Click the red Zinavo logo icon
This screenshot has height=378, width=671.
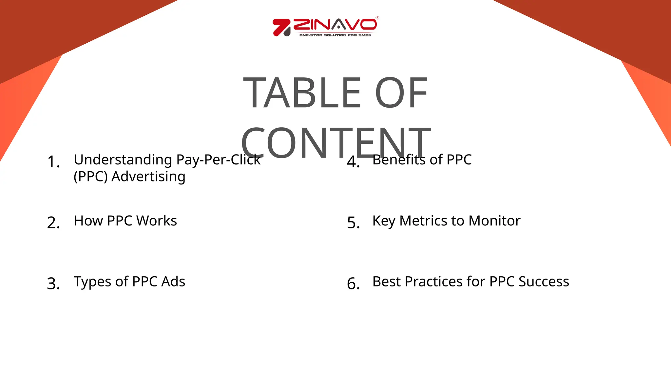281,27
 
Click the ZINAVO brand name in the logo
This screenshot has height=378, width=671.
335,25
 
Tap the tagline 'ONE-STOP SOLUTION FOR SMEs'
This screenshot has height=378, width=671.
335,35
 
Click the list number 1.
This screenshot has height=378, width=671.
53,162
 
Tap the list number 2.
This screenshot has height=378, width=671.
53,223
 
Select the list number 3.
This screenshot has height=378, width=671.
53,283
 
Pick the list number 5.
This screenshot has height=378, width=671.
353,223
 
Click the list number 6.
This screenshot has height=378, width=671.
353,283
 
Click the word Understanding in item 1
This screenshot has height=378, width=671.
123,160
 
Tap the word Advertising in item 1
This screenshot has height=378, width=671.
148,177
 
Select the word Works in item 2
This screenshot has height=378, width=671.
157,221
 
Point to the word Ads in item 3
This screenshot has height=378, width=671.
173,282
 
